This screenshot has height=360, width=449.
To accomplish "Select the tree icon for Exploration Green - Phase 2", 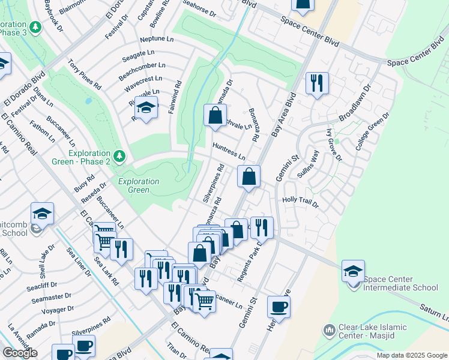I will coord(119,156).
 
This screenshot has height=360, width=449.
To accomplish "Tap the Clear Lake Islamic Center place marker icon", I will coord(328,330).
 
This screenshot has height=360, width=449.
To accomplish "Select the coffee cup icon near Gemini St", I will coord(279,307).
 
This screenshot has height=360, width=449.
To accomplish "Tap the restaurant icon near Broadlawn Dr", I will coord(317,83).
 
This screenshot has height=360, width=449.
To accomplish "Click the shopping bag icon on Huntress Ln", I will coord(249,176).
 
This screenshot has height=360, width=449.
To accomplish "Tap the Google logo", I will coord(19,353).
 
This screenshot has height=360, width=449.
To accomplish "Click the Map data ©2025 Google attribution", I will coord(412,355).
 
